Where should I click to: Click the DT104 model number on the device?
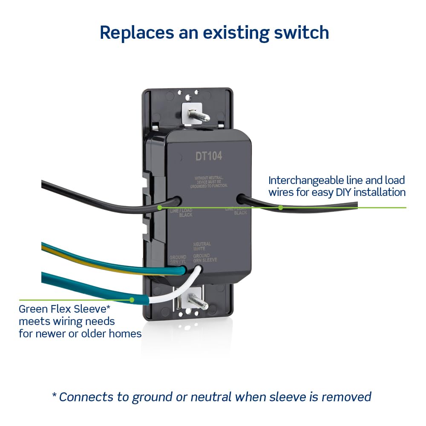(x=209, y=156)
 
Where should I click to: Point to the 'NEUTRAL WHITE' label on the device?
(x=202, y=246)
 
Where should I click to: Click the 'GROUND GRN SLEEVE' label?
(x=205, y=258)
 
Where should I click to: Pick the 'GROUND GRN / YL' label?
(x=178, y=259)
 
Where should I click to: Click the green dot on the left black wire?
(x=159, y=208)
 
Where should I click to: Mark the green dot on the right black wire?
(x=281, y=208)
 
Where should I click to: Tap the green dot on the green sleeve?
(x=132, y=300)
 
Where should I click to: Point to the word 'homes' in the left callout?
(x=126, y=333)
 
